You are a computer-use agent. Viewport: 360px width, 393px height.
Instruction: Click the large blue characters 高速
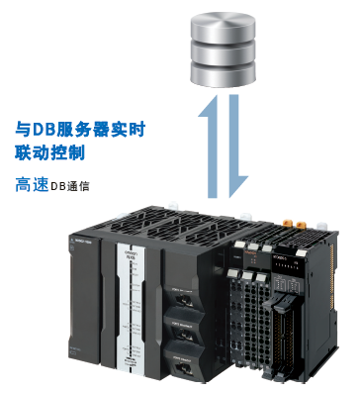[x=33, y=184]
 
